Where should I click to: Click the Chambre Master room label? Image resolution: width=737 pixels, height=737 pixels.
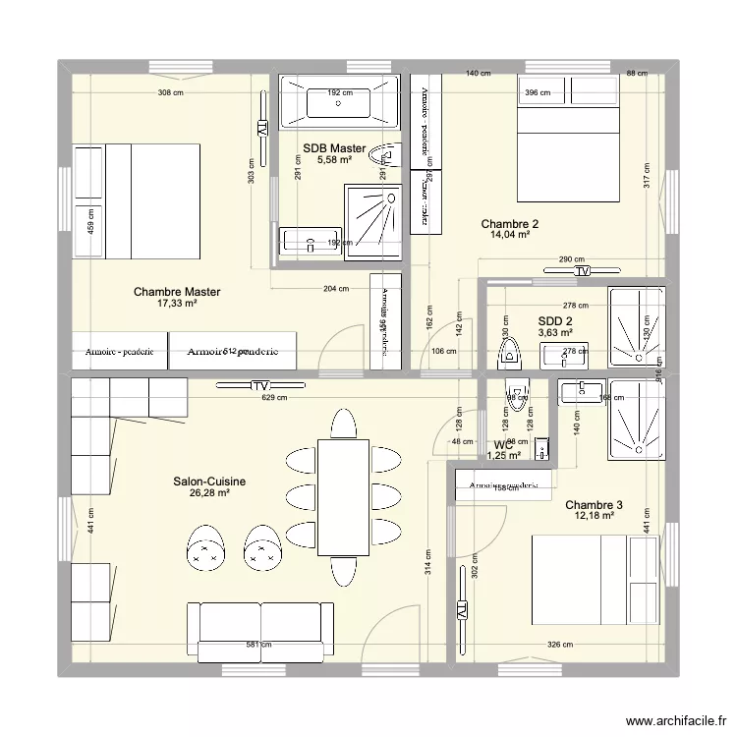pyautogui.click(x=177, y=292)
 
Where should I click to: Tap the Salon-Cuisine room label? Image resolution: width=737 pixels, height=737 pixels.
pyautogui.click(x=209, y=482)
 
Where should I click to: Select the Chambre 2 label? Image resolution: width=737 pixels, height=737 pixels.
pyautogui.click(x=510, y=224)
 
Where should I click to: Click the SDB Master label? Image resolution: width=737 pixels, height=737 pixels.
pyautogui.click(x=334, y=148)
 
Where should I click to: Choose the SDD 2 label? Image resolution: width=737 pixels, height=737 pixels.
pyautogui.click(x=556, y=320)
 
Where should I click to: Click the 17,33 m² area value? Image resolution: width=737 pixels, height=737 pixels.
pyautogui.click(x=177, y=305)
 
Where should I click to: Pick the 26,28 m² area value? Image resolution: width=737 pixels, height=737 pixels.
pyautogui.click(x=209, y=493)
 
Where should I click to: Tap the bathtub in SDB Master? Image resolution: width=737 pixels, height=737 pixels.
pyautogui.click(x=339, y=101)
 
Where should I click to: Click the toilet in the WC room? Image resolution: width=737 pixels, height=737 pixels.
pyautogui.click(x=515, y=393)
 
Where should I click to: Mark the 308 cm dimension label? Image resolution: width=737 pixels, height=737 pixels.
pyautogui.click(x=172, y=93)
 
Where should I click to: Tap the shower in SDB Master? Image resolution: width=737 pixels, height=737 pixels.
pyautogui.click(x=372, y=222)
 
